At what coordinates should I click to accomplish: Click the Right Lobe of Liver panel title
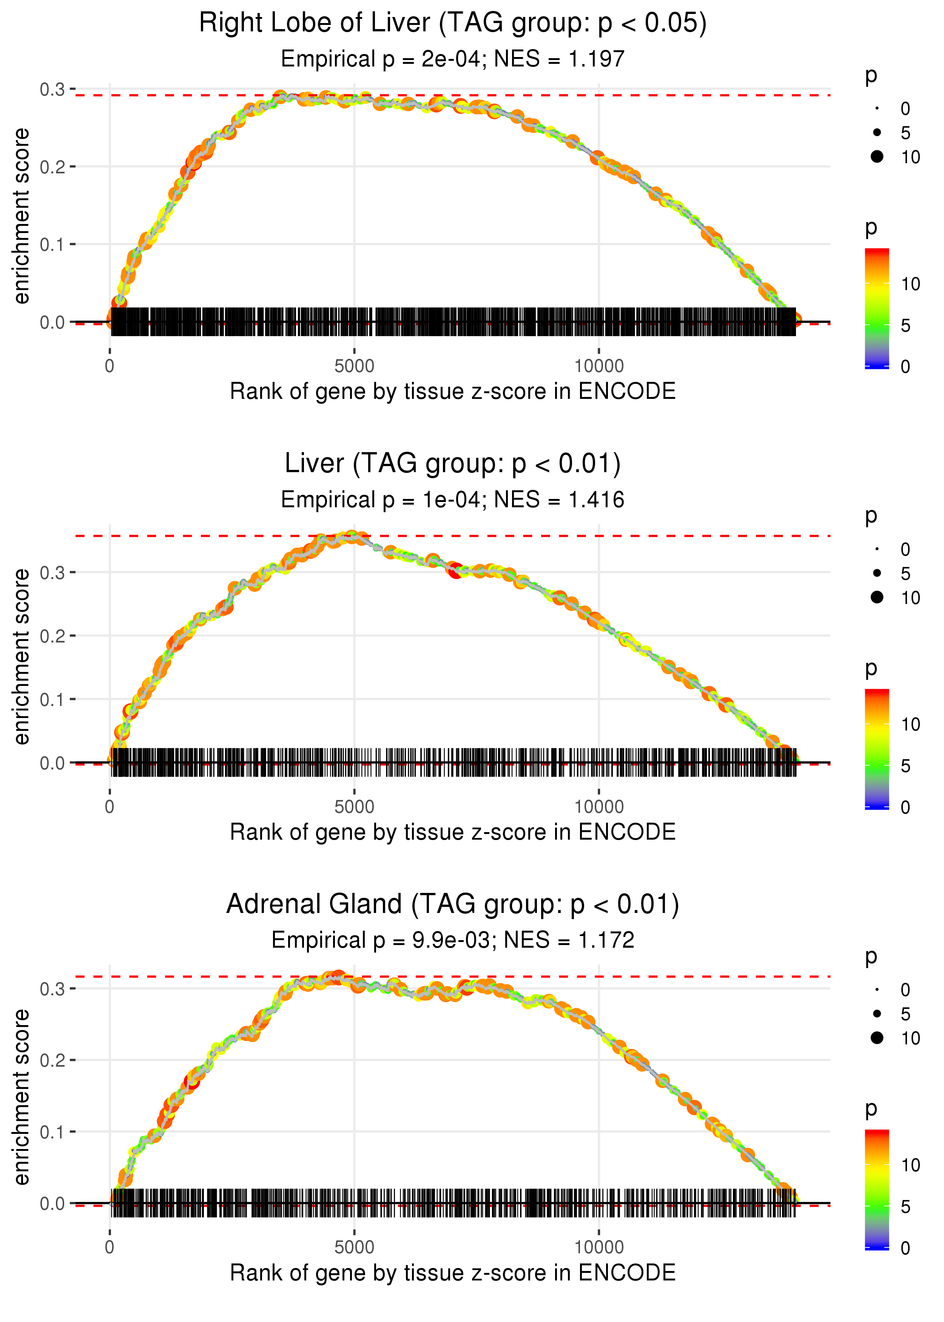tap(452, 23)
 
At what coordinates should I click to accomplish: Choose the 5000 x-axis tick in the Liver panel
tap(354, 807)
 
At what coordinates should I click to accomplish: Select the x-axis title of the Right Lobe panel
tap(452, 391)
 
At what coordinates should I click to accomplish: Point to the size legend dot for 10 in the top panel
tap(877, 156)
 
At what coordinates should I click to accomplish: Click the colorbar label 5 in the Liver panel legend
tap(905, 766)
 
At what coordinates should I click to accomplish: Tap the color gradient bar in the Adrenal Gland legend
tap(876, 1189)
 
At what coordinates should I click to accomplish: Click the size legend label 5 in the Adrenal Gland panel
tap(905, 1014)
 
